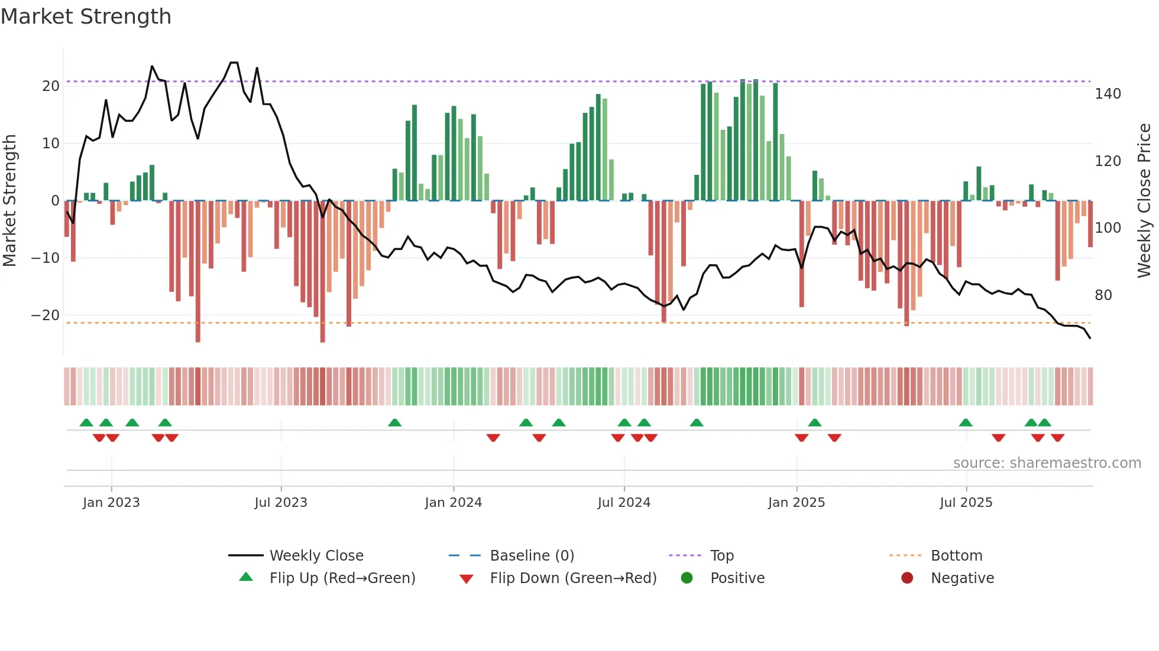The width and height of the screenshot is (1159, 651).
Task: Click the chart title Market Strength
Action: point(86,17)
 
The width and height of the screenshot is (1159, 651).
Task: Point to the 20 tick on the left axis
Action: point(51,86)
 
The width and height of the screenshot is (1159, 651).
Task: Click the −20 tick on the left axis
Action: point(46,315)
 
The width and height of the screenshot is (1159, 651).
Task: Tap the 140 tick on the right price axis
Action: point(1108,94)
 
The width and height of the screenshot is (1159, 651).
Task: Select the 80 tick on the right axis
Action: point(1103,295)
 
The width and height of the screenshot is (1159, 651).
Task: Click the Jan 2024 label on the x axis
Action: point(454,503)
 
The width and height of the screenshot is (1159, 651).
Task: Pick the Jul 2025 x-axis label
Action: point(966,503)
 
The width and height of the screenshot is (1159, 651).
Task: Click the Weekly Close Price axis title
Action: point(1144,201)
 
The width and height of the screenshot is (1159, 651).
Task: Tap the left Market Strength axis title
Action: point(10,201)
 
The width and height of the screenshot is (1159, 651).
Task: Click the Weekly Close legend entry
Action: point(316,556)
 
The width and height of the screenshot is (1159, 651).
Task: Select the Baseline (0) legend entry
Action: point(532,556)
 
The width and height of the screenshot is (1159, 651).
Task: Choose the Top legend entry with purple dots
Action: point(721,556)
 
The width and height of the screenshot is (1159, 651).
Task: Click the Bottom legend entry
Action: point(956,556)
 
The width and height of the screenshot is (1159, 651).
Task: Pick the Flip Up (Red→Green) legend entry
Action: point(342,578)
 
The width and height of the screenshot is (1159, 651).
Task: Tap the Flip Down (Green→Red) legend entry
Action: point(573,578)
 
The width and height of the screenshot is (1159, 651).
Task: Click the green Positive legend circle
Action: point(687,578)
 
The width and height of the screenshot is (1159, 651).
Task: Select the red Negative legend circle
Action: point(907,578)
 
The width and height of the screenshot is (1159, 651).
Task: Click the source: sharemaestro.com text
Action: point(1047,463)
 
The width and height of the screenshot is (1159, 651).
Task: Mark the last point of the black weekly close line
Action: point(1090,338)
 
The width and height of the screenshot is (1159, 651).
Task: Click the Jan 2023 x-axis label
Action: point(111,503)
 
